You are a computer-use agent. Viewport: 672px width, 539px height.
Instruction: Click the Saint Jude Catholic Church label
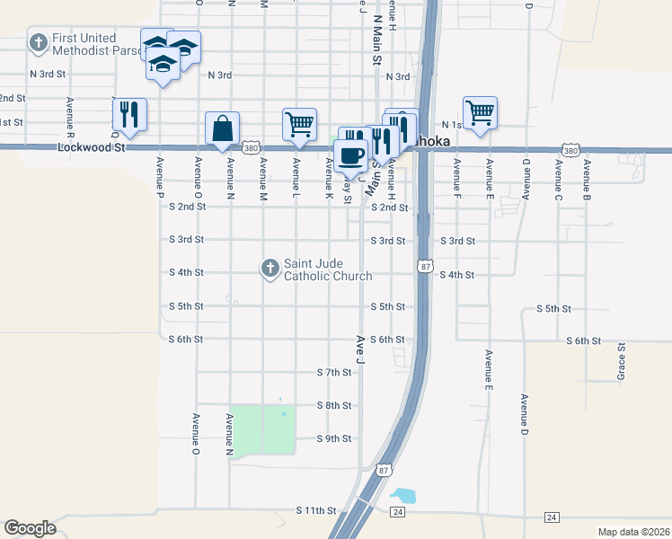click(328, 269)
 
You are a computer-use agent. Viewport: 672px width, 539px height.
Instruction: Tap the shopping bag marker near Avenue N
click(222, 128)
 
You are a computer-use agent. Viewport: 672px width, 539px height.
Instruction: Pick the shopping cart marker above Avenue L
click(299, 124)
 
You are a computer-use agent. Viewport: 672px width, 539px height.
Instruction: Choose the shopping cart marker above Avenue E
click(480, 112)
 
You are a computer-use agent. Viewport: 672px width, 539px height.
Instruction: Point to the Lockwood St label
click(90, 146)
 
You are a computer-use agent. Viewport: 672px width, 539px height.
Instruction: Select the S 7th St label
click(334, 372)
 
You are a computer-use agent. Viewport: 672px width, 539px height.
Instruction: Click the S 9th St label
click(334, 438)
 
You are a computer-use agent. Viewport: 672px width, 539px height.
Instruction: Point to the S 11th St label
click(315, 510)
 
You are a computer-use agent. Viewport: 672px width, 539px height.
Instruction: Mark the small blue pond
click(403, 495)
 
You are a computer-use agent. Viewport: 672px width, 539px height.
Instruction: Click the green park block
click(261, 429)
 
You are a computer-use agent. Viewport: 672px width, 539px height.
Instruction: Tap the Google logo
click(30, 528)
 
